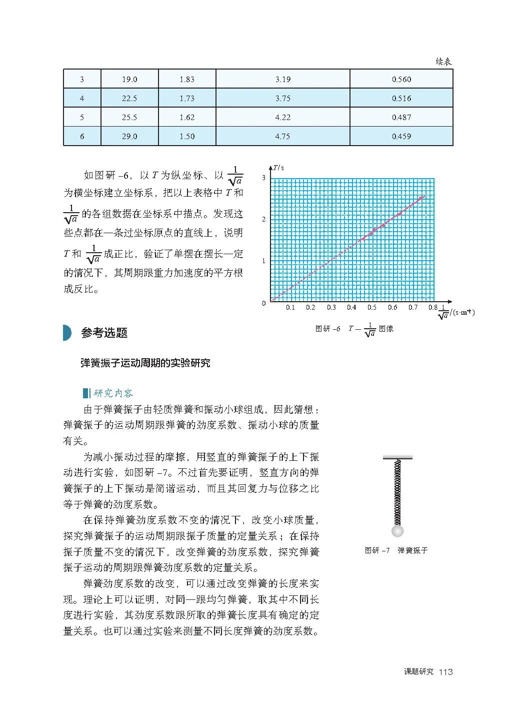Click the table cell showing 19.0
[129, 80]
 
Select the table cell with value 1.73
[187, 99]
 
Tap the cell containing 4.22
[282, 118]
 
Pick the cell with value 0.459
[401, 137]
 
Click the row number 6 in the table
[82, 137]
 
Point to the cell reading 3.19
[282, 80]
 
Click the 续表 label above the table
[443, 62]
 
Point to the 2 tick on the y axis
[264, 219]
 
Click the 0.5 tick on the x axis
[372, 308]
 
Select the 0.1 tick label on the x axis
[290, 308]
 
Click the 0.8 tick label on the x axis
[432, 308]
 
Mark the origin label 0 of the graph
[264, 303]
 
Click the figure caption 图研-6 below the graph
[354, 329]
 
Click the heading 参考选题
[104, 333]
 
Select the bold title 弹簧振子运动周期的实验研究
[145, 363]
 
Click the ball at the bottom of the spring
[397, 530]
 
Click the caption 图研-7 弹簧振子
[396, 550]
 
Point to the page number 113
[445, 672]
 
